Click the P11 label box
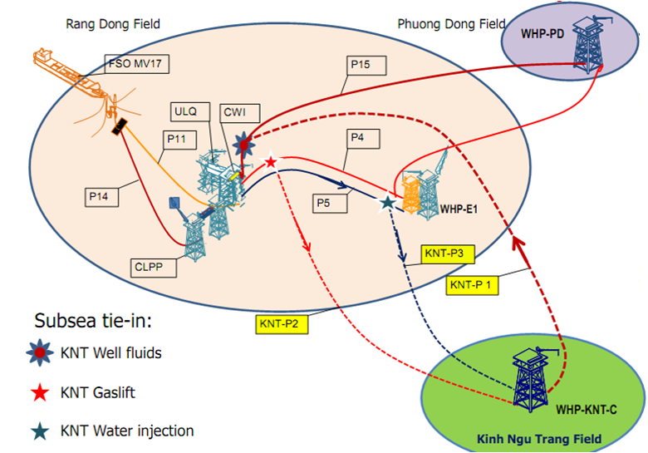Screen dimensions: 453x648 [x=179, y=140]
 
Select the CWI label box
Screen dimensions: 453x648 [x=235, y=111]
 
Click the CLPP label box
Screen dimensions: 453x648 [x=149, y=267]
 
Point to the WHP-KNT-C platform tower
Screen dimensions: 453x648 [x=529, y=378]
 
